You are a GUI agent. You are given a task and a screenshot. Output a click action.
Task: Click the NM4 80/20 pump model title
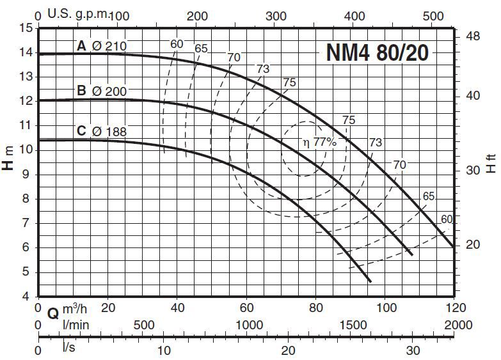[378, 52]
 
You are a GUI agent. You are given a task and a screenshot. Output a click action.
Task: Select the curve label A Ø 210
[102, 46]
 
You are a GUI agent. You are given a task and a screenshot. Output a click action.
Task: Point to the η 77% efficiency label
[319, 142]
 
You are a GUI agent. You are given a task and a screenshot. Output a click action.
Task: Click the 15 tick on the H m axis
[26, 28]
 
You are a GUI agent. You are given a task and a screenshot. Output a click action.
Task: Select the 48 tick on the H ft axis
[473, 36]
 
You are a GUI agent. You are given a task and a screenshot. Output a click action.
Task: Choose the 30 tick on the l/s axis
[413, 350]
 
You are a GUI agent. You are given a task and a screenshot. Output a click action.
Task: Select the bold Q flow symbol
[54, 313]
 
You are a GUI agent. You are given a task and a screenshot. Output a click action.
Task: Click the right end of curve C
[369, 281]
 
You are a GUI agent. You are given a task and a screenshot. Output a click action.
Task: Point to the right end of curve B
[411, 254]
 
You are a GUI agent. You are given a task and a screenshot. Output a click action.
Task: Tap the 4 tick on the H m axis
[26, 297]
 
